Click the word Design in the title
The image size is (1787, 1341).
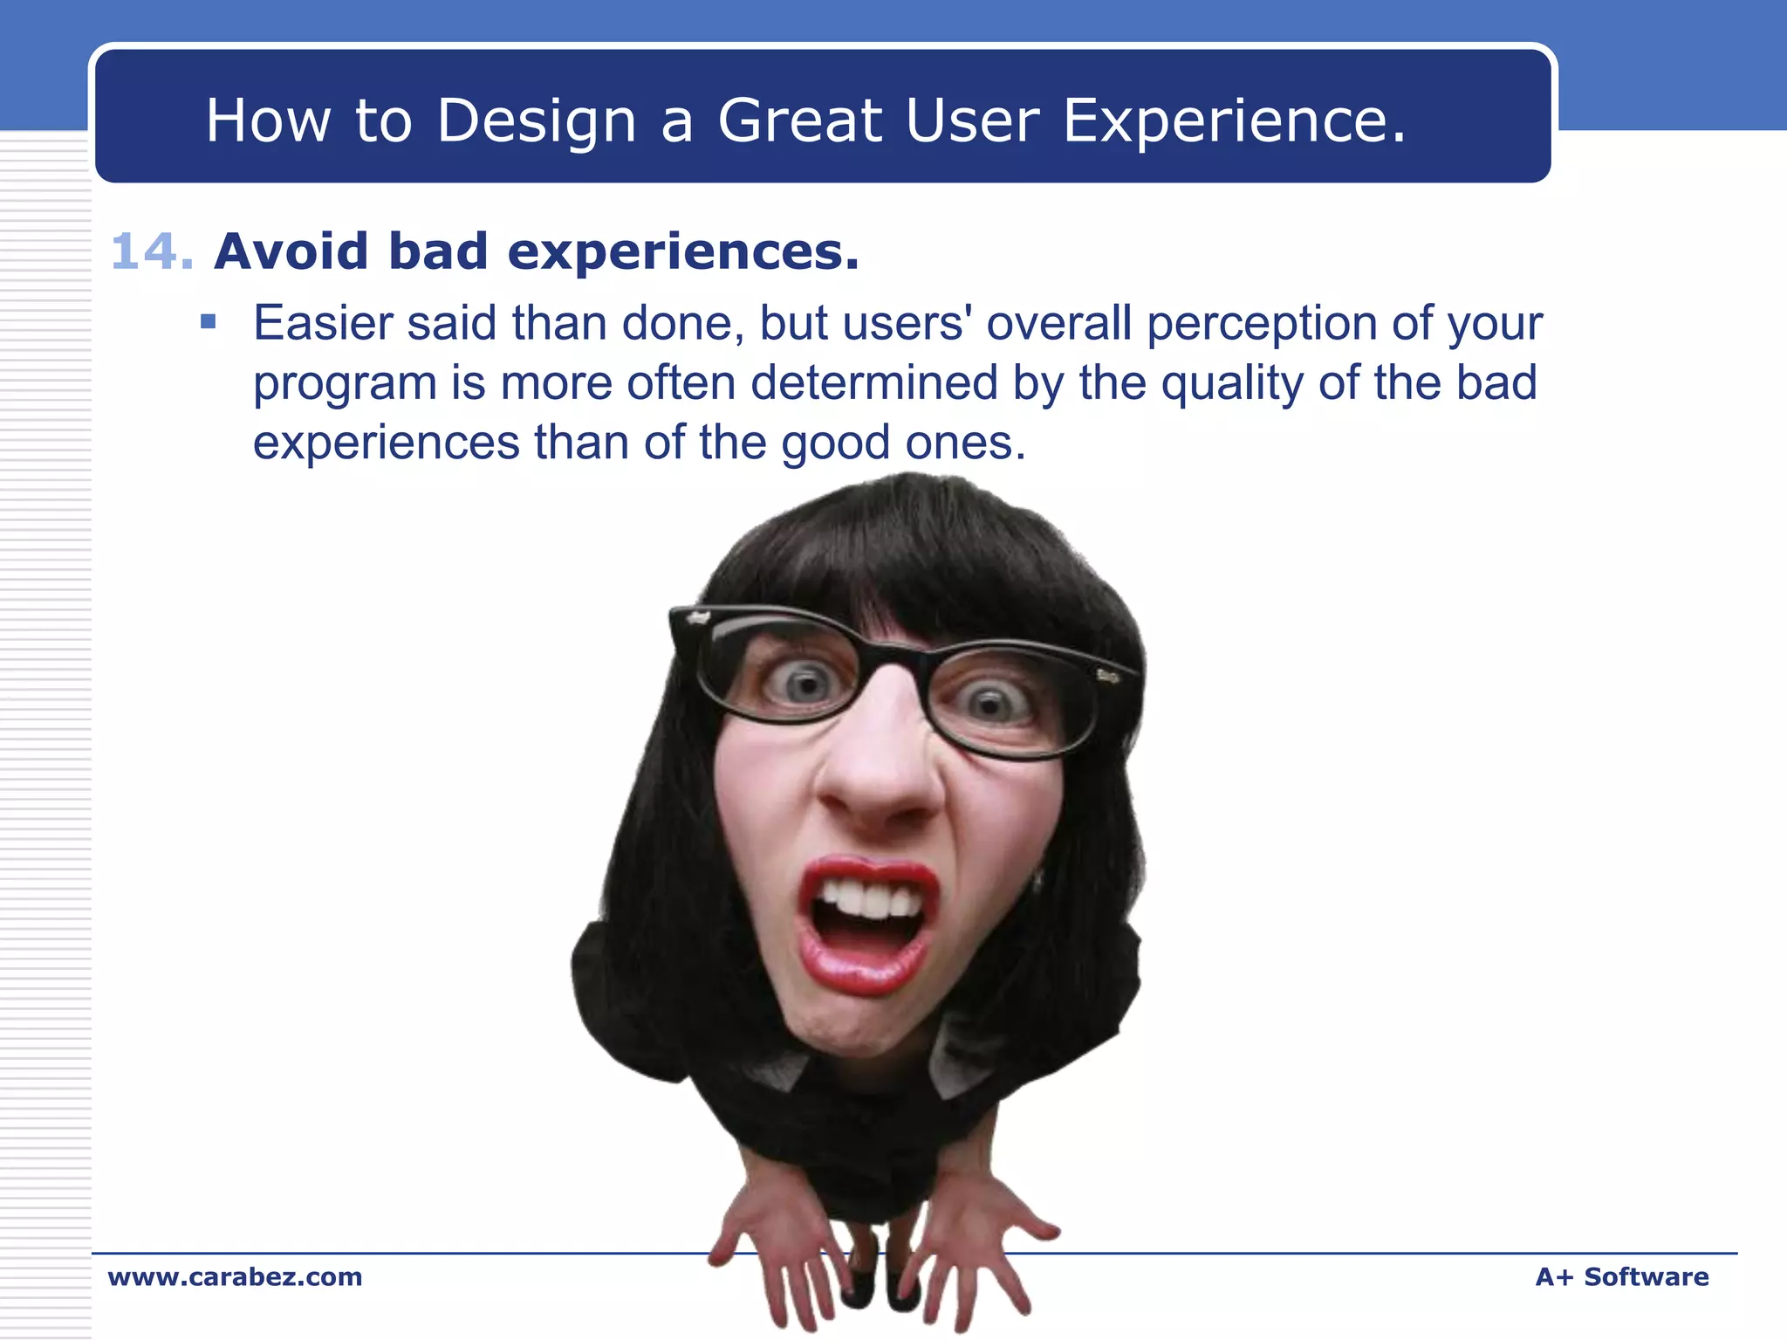(536, 120)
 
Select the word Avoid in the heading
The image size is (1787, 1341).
(291, 252)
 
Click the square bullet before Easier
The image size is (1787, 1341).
(208, 322)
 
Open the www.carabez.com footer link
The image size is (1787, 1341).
(235, 1276)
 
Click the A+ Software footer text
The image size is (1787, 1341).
(1621, 1276)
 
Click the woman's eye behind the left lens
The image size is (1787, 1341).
(804, 682)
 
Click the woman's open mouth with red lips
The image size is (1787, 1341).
(866, 925)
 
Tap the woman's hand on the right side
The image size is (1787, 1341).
(982, 1240)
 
